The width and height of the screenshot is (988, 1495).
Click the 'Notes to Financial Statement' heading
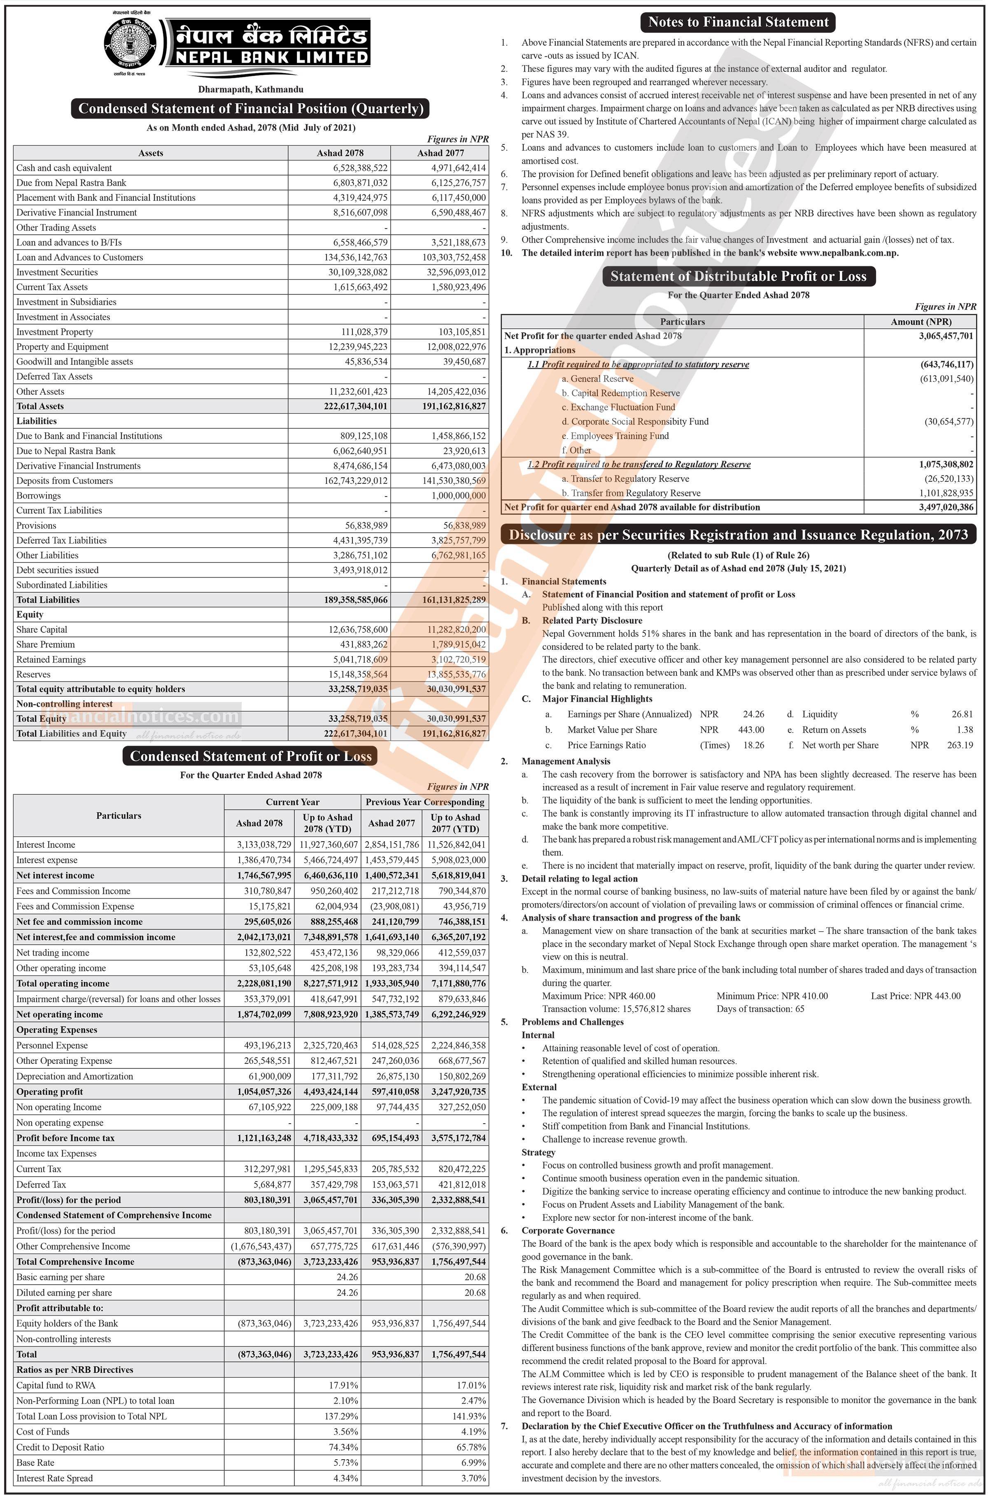point(738,22)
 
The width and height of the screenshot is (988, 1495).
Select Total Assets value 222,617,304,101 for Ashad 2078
point(355,406)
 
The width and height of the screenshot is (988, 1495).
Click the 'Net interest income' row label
point(56,875)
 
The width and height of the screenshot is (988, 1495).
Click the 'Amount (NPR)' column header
point(920,321)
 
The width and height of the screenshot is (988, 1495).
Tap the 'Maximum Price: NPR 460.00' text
point(598,996)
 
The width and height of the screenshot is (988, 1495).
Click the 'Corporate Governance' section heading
point(568,1230)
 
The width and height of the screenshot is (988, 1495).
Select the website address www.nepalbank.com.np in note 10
point(848,253)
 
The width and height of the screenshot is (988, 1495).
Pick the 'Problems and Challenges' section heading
point(572,1022)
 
